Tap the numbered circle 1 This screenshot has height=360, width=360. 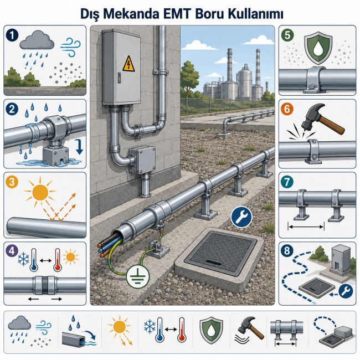click(x=12, y=35)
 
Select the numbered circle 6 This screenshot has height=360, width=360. click(x=287, y=109)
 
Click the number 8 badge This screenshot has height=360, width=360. click(x=287, y=250)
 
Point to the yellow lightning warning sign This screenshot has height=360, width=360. click(x=128, y=64)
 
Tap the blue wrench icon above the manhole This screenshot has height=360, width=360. click(x=241, y=217)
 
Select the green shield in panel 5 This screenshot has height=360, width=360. click(x=318, y=49)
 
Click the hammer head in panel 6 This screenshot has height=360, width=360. click(x=313, y=117)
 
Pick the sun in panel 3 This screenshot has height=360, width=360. click(x=40, y=192)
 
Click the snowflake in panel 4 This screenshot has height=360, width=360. click(x=24, y=259)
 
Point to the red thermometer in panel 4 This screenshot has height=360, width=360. click(x=58, y=260)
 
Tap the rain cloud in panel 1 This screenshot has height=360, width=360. click(x=37, y=40)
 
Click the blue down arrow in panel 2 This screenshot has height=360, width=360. click(x=79, y=147)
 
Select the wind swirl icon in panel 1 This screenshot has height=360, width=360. click(x=70, y=47)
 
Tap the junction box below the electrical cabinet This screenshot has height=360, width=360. click(x=142, y=160)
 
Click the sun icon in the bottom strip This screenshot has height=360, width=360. click(x=120, y=326)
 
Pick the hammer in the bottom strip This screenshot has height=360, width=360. click(x=250, y=328)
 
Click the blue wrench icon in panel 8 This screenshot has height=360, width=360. click(x=346, y=291)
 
